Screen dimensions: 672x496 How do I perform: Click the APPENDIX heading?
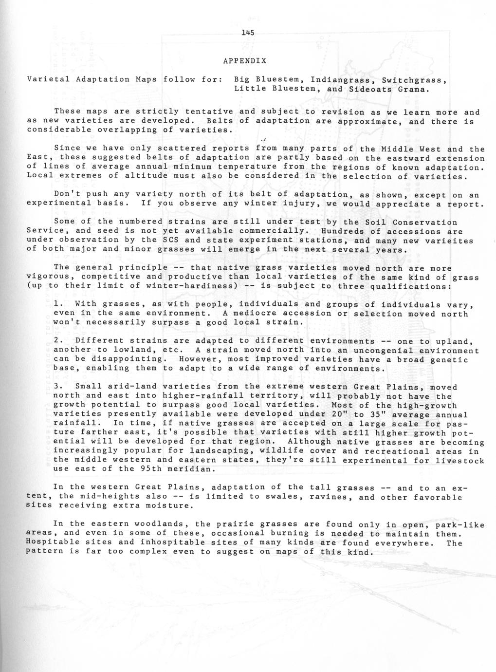click(244, 61)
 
